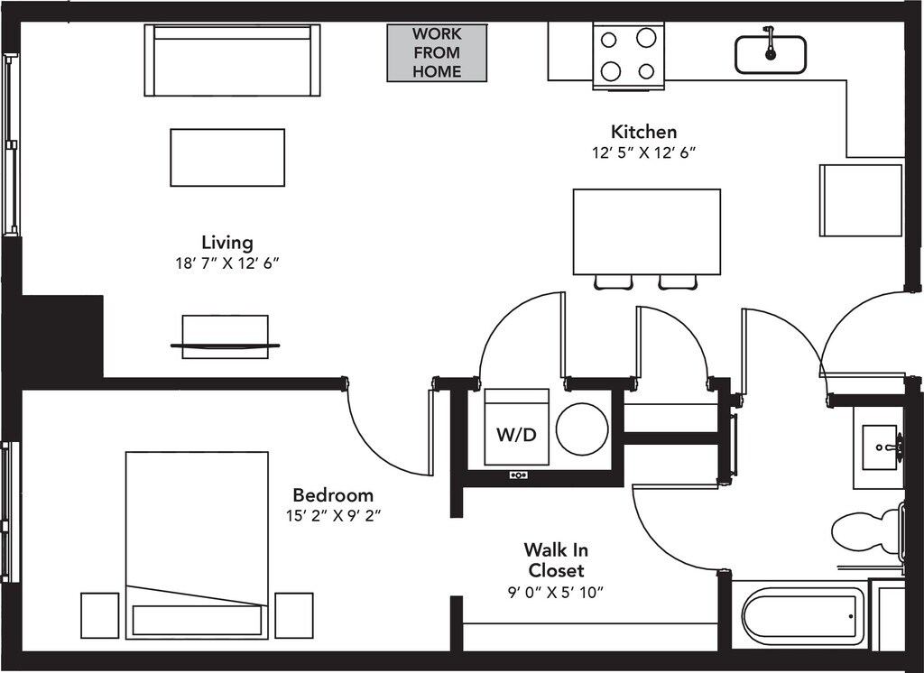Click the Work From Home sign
click(x=437, y=53)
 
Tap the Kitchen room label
click(x=643, y=132)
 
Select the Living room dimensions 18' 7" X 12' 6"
click(x=226, y=263)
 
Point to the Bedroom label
click(x=333, y=494)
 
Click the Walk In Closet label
click(x=556, y=560)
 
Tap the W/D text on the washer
click(x=516, y=435)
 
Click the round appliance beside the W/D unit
click(x=582, y=429)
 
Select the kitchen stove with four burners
click(x=628, y=56)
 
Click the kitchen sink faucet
click(x=770, y=43)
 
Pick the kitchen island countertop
click(x=646, y=232)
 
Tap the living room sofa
click(x=232, y=60)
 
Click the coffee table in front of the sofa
click(x=227, y=157)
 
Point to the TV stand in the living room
click(x=225, y=336)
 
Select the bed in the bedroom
click(x=197, y=545)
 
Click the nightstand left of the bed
click(x=99, y=615)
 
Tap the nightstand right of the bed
click(x=294, y=615)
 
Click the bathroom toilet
click(x=867, y=531)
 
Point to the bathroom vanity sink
click(x=881, y=447)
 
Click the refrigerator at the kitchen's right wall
click(x=861, y=200)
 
